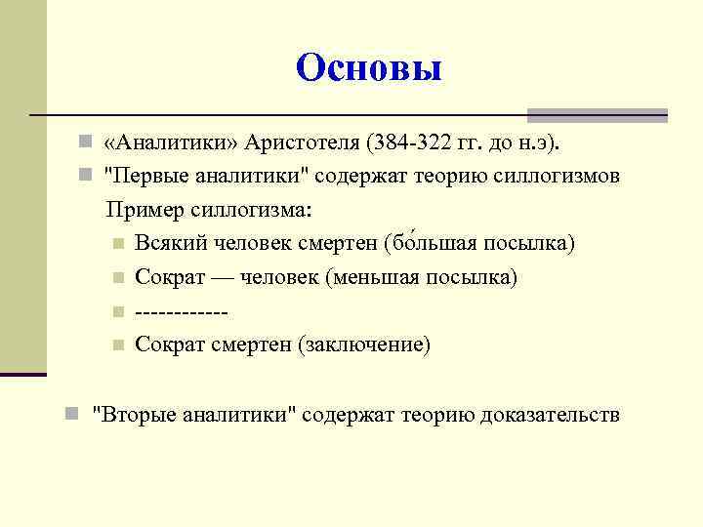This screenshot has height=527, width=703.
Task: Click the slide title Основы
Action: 368,68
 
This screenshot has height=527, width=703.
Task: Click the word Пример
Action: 141,210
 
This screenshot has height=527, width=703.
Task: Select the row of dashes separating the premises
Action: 182,311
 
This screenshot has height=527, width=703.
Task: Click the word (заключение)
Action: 365,345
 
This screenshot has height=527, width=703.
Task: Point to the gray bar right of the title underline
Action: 597,115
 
